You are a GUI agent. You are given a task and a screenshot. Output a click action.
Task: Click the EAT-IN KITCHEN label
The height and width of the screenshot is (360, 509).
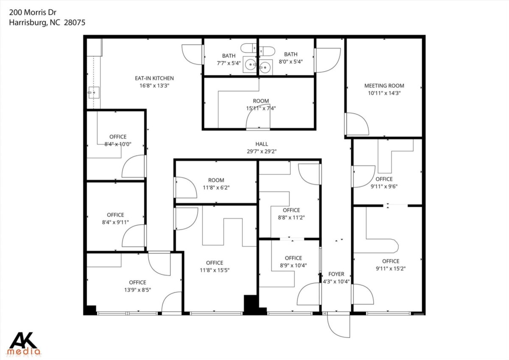pyautogui.click(x=154, y=78)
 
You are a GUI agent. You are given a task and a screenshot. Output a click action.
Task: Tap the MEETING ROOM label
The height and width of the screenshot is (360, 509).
pyautogui.click(x=384, y=86)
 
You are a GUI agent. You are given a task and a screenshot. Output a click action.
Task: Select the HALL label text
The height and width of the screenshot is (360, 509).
pyautogui.click(x=262, y=144)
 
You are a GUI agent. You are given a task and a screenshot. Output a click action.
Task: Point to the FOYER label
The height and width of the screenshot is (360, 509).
pyautogui.click(x=336, y=274)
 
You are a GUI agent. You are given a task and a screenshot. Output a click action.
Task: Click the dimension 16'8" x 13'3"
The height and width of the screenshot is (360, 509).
pyautogui.click(x=154, y=86)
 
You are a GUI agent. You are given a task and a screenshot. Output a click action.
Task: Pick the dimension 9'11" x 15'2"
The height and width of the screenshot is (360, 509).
pyautogui.click(x=391, y=269)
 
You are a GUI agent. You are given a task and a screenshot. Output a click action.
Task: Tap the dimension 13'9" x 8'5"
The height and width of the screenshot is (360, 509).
pyautogui.click(x=137, y=290)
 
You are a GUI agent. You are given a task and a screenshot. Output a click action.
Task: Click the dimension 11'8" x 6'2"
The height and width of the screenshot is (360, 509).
pyautogui.click(x=216, y=188)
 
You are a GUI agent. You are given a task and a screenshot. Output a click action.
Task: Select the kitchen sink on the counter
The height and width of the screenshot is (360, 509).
pyautogui.click(x=94, y=93)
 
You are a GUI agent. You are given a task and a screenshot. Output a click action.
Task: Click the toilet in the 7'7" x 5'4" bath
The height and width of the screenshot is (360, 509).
pyautogui.click(x=249, y=48)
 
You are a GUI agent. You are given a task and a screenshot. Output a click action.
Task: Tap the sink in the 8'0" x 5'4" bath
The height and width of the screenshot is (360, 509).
pyautogui.click(x=266, y=67)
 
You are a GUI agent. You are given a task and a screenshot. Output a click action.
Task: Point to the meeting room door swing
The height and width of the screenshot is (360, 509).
pyautogui.click(x=357, y=124)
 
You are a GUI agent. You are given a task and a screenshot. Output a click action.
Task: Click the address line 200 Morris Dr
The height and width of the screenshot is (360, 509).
pyautogui.click(x=33, y=12)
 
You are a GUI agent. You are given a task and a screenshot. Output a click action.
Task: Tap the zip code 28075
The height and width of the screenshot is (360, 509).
pyautogui.click(x=75, y=22)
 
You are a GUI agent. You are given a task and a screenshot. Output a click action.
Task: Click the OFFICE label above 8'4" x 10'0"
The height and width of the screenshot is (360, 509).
pyautogui.click(x=118, y=137)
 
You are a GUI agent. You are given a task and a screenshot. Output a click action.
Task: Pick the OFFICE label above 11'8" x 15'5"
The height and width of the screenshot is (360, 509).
pyautogui.click(x=215, y=263)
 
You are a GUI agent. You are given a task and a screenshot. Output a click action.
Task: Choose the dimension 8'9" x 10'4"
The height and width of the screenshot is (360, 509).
pyautogui.click(x=294, y=265)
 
